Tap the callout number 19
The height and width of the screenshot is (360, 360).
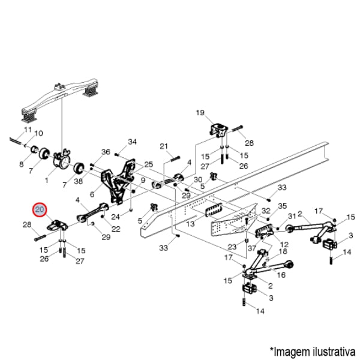coord(200,112)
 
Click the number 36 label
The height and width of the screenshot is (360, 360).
coord(106,152)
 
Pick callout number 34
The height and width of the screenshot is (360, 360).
coord(133,142)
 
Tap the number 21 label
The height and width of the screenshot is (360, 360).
coord(163,146)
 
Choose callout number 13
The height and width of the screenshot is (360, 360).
coord(191,223)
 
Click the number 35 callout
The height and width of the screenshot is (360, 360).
coord(283,205)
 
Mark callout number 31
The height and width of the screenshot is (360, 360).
coord(292,216)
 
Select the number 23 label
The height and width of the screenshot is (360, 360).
coord(232,247)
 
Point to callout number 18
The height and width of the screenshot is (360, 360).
coord(283,251)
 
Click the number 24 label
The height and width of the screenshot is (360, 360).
coord(116,216)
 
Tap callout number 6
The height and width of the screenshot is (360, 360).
coord(92,194)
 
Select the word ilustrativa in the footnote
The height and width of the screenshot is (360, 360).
coord(332,350)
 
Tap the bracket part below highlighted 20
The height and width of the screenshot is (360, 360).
coord(56,226)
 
